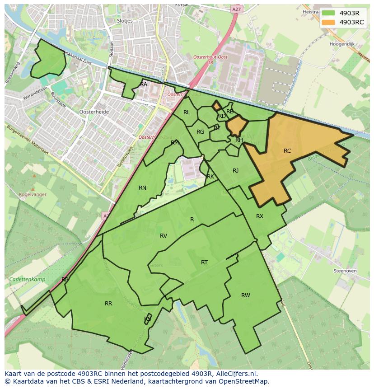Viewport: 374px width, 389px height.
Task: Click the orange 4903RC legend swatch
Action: coord(328,22)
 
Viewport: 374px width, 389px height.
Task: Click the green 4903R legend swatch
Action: coord(328,13)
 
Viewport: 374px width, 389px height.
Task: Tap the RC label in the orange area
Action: coord(287,151)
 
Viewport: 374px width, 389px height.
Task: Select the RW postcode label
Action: coord(245,295)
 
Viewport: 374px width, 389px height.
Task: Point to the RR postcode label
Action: coord(108,304)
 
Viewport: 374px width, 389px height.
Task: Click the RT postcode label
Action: coord(204,262)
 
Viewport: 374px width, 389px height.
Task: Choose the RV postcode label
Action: coord(164,236)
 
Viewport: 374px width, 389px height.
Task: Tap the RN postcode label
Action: coord(142,188)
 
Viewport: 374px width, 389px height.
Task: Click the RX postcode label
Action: coord(259,216)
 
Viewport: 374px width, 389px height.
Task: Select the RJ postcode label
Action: coord(235,171)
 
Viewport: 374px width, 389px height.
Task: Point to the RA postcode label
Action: coord(144,84)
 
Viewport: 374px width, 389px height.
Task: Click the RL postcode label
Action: coord(187,112)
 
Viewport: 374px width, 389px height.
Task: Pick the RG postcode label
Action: coord(200,132)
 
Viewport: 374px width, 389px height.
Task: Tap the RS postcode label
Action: coord(148,319)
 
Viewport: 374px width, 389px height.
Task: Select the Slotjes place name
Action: coord(124,21)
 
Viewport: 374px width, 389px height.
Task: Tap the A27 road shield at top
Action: coord(236,9)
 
